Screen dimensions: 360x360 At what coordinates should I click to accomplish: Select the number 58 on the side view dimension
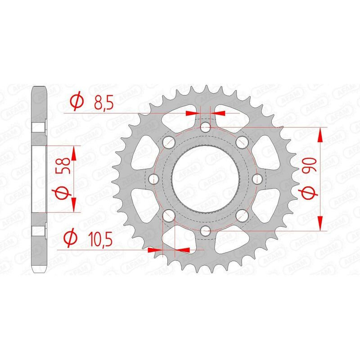[63, 165]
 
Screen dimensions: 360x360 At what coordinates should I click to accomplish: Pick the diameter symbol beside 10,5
[70, 238]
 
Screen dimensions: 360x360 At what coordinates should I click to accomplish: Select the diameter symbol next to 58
[63, 194]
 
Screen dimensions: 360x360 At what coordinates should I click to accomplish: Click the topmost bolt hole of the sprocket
[206, 127]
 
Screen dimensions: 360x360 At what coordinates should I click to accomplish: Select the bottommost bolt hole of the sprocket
[206, 231]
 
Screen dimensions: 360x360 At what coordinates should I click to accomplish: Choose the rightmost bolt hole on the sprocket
[258, 180]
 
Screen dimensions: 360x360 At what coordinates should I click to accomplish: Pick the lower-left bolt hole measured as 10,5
[169, 216]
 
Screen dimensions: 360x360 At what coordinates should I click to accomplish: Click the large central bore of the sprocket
[206, 180]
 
